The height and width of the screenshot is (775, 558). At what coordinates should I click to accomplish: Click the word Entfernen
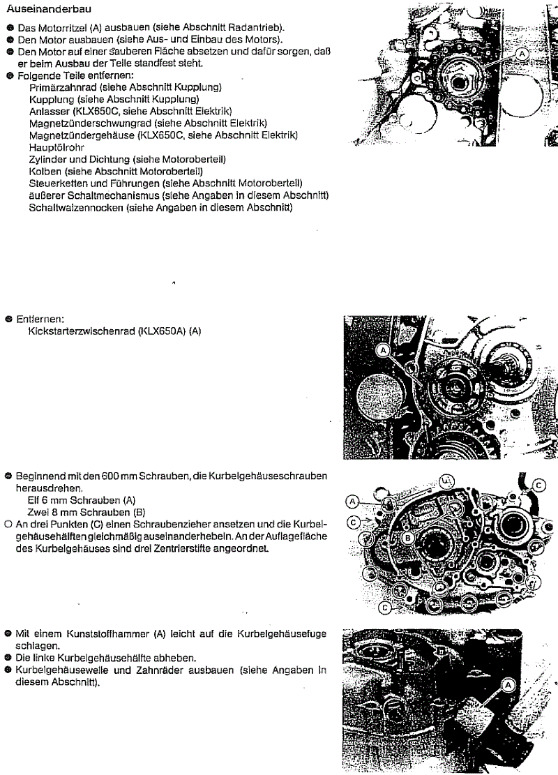37,318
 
